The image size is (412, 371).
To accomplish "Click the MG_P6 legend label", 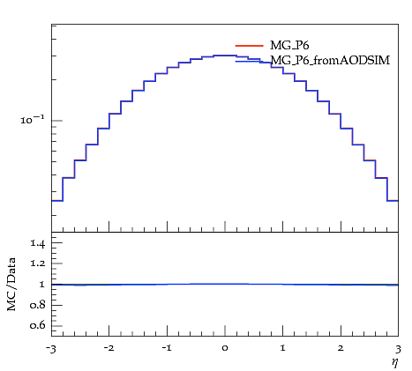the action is [289, 46].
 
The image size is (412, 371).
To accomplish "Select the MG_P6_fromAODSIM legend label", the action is [330, 60].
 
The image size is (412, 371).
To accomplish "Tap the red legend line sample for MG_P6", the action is [249, 46].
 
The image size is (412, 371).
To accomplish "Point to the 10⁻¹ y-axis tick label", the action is [33, 119].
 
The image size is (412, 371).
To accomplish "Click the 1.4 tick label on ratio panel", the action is [37, 243].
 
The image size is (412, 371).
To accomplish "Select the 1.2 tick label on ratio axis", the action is [37, 263].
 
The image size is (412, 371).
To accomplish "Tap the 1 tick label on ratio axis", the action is [41, 284].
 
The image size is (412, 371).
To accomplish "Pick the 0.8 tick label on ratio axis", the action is [37, 305].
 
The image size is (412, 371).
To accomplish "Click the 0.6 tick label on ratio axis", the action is [37, 325].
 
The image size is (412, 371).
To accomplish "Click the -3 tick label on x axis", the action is [51, 349].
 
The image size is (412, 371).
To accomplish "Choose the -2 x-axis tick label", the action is [109, 348].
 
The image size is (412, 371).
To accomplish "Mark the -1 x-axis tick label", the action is [167, 348].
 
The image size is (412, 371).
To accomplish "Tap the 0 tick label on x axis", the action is [225, 348].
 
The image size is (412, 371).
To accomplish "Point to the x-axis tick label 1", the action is [282, 348].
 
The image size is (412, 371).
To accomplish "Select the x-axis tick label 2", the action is [341, 348].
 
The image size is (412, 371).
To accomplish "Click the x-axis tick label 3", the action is [398, 349].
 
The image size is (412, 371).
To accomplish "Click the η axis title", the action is [395, 362].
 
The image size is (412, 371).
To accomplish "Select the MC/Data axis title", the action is [11, 284].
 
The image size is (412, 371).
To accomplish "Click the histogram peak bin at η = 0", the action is [225, 56].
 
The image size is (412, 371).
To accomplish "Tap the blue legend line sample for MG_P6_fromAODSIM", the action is [249, 61].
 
